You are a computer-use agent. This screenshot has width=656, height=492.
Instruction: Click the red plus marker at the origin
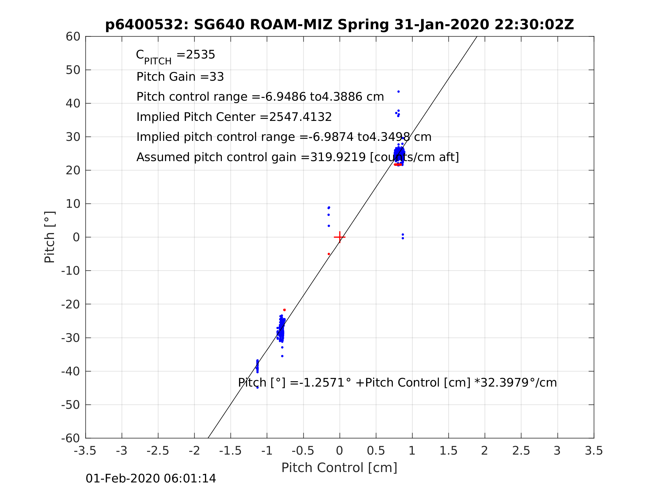340,237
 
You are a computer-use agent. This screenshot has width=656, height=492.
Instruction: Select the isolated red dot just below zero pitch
329,254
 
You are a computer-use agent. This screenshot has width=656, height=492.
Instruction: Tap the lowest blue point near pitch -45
257,388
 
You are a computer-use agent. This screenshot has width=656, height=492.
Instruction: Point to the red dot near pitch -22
284,310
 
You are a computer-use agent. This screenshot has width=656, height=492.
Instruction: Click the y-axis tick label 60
73,37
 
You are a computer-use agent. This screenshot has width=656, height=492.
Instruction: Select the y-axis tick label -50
71,405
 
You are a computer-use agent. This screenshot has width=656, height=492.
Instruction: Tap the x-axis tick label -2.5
158,451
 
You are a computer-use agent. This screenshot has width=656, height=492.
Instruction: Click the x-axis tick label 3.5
594,451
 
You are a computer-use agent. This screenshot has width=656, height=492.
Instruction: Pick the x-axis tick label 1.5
448,451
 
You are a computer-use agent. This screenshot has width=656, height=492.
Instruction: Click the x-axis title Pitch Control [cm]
339,468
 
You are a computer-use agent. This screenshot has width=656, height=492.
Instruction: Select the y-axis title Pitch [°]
49,237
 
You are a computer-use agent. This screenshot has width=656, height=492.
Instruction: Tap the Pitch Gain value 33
217,77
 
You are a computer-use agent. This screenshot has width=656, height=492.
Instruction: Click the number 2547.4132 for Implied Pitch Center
300,117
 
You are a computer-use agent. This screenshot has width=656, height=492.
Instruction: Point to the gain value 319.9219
338,157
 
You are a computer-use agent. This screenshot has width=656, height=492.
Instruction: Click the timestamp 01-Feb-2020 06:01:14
151,479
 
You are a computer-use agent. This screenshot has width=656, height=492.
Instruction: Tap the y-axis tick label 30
73,137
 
